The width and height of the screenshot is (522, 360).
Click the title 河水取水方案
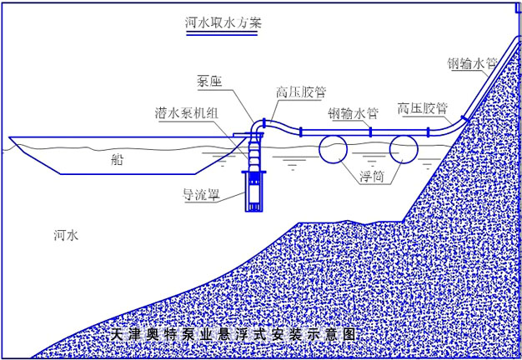223,22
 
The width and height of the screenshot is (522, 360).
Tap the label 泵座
209,81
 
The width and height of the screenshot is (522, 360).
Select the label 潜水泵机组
187,113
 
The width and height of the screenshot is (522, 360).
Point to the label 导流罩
202,195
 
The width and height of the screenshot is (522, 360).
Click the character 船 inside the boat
117,160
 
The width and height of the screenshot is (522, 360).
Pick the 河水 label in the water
66,235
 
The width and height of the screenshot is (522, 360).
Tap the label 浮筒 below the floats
372,177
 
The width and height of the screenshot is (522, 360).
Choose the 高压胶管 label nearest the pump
301,92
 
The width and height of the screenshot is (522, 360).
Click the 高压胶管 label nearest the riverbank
423,108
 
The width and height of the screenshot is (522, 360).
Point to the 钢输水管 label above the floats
354,113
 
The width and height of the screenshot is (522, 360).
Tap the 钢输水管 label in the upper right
472,63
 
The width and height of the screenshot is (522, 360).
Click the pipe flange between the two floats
370,132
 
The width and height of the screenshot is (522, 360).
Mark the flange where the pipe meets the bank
464,118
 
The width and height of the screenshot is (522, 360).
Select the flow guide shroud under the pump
253,191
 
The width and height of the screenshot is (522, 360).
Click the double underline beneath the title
222,33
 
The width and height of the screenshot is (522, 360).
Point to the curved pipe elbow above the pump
255,125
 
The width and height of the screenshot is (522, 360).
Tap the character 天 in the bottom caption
118,334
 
